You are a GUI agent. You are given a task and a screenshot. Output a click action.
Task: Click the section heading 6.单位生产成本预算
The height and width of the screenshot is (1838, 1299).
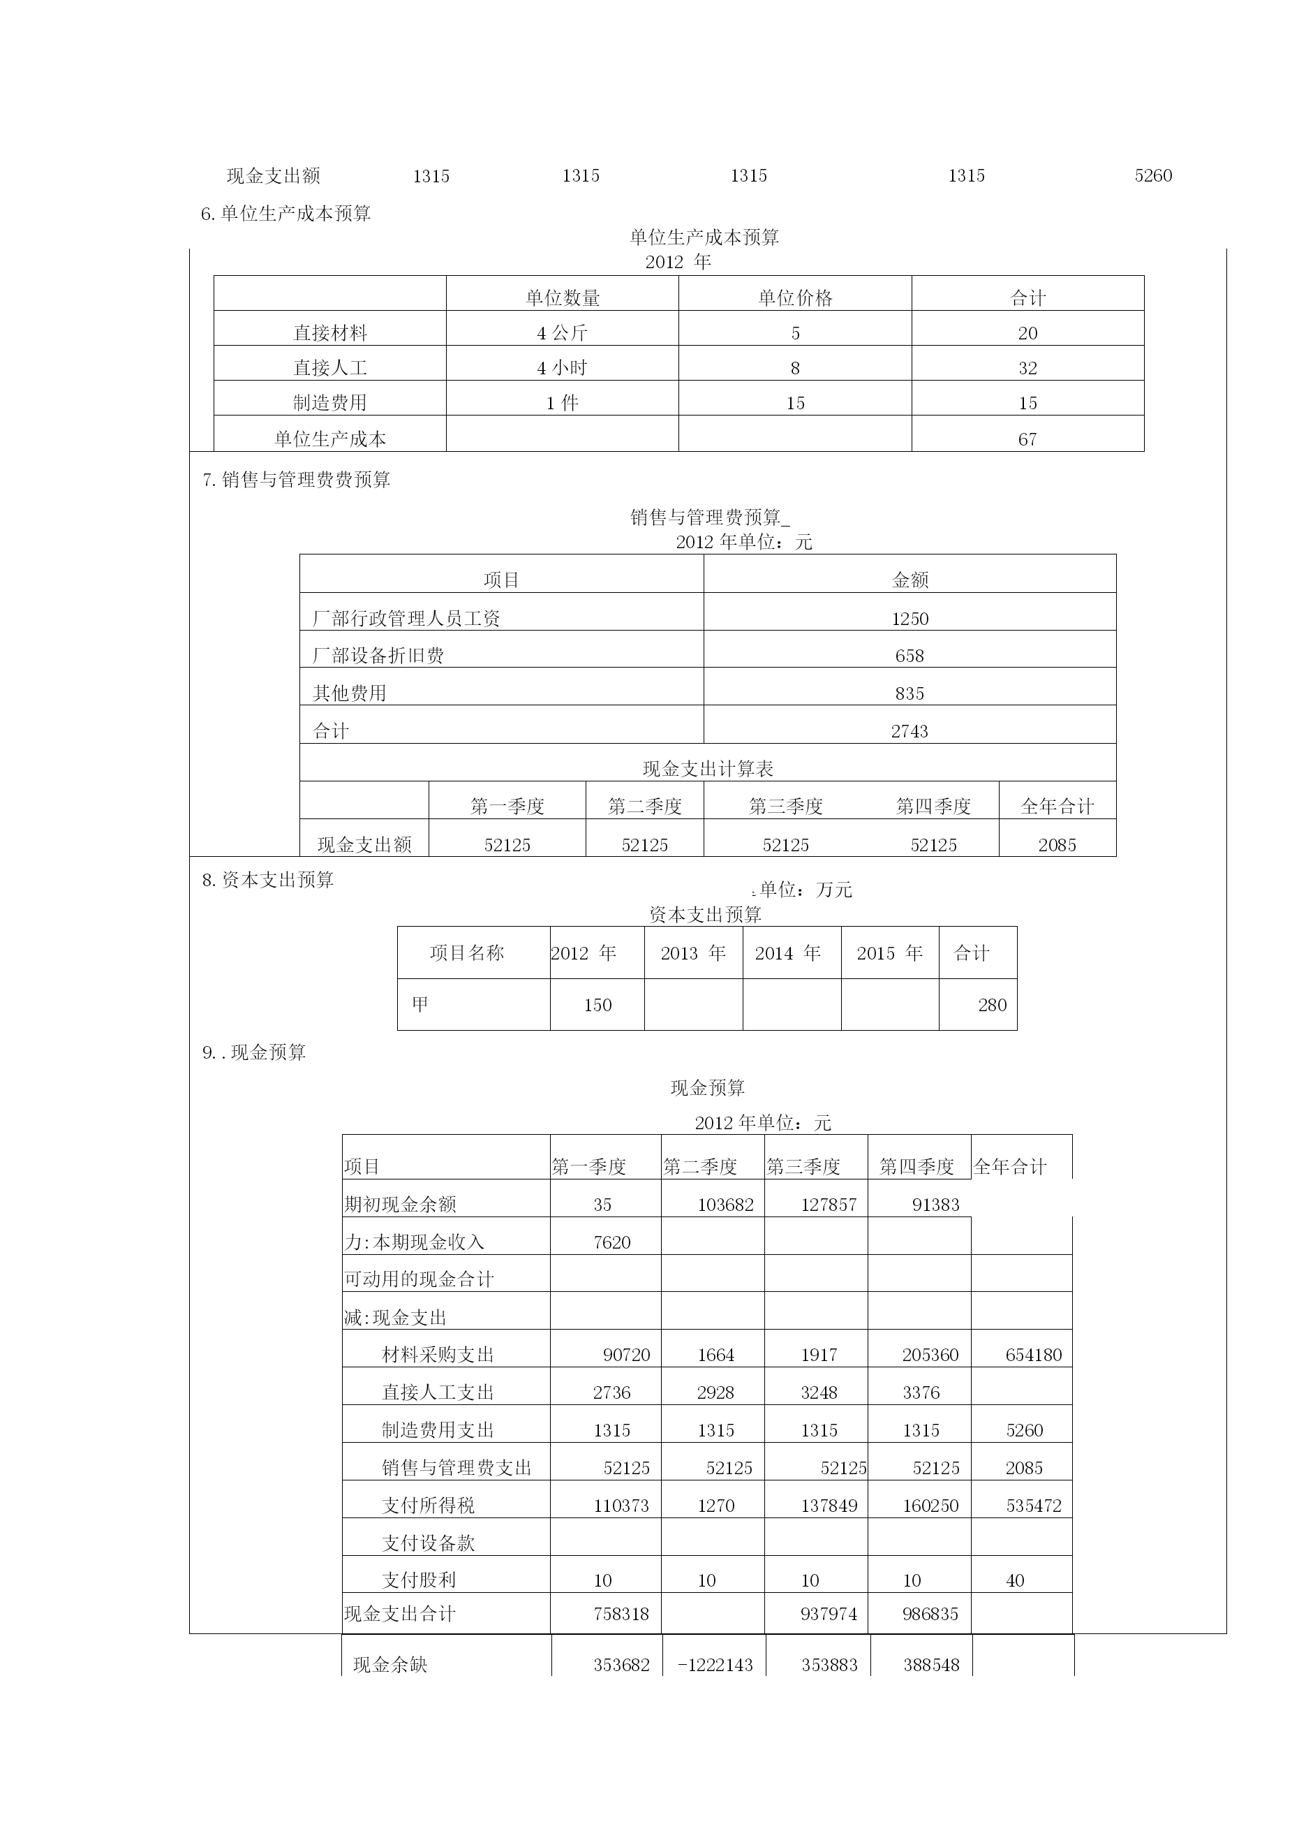click(x=285, y=214)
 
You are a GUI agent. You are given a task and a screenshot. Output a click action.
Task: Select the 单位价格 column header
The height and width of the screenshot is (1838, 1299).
click(x=795, y=297)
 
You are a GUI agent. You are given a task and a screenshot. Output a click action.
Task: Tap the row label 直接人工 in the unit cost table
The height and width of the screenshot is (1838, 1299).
click(x=329, y=367)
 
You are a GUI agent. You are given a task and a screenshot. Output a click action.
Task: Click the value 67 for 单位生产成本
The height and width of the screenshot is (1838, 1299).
click(x=1027, y=439)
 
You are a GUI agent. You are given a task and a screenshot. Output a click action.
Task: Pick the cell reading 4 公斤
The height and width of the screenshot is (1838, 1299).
click(x=562, y=333)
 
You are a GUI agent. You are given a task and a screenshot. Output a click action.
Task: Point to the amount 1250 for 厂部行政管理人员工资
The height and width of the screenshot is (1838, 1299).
click(x=910, y=619)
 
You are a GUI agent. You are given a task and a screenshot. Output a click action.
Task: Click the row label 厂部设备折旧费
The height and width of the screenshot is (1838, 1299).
click(x=378, y=656)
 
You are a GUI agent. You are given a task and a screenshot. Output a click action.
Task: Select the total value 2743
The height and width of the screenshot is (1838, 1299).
click(x=910, y=731)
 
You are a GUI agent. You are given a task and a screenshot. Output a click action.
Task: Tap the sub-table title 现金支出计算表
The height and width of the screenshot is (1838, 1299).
click(x=708, y=768)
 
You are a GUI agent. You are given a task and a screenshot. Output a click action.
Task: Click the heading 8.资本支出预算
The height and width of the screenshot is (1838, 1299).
click(x=268, y=880)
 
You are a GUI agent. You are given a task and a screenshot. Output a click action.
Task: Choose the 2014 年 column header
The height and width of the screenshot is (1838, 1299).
click(x=787, y=953)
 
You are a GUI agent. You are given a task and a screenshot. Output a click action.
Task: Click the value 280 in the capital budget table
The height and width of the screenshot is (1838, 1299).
click(x=992, y=1005)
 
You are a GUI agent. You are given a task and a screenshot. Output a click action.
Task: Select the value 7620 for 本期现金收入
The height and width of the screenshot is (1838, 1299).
click(x=611, y=1242)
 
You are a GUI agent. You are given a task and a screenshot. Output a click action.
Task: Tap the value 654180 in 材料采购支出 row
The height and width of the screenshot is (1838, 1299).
click(x=1033, y=1355)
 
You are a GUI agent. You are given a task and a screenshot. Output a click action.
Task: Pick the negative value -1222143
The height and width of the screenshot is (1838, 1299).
click(x=715, y=1664)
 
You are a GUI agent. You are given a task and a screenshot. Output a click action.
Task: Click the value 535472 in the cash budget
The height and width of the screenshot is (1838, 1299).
click(x=1033, y=1505)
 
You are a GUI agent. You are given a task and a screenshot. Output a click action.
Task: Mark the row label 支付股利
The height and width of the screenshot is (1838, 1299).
click(x=419, y=1580)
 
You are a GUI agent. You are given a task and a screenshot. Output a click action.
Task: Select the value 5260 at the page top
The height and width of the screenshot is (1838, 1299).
click(x=1152, y=175)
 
